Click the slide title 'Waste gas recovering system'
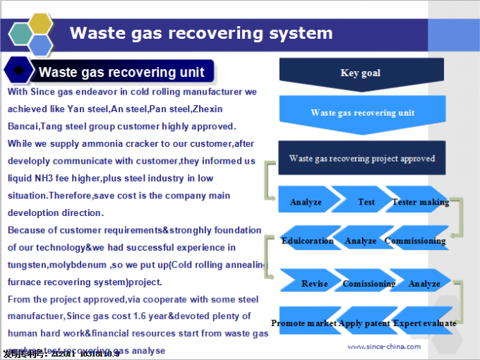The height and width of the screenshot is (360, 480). [x=201, y=33]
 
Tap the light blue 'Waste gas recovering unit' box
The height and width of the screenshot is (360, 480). [x=362, y=113]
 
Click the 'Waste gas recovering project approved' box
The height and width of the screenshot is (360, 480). [x=361, y=158]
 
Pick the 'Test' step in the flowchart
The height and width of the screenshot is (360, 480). [x=366, y=202]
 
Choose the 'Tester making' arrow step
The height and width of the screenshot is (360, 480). [x=420, y=202]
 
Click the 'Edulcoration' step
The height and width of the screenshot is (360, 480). [x=307, y=241]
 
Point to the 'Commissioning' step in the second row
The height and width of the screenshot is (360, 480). [x=415, y=241]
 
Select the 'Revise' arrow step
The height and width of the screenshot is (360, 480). [x=314, y=284]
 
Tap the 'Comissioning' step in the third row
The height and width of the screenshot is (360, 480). [x=368, y=284]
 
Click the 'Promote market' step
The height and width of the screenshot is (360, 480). [x=304, y=323]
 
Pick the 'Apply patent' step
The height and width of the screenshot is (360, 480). [x=364, y=323]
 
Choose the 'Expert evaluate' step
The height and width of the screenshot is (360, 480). [x=424, y=323]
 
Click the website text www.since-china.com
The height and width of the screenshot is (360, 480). [x=384, y=347]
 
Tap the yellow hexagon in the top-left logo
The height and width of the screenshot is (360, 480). [x=40, y=23]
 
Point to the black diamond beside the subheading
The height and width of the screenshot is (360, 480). [x=18, y=71]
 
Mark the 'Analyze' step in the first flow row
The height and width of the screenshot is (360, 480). [x=306, y=202]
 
